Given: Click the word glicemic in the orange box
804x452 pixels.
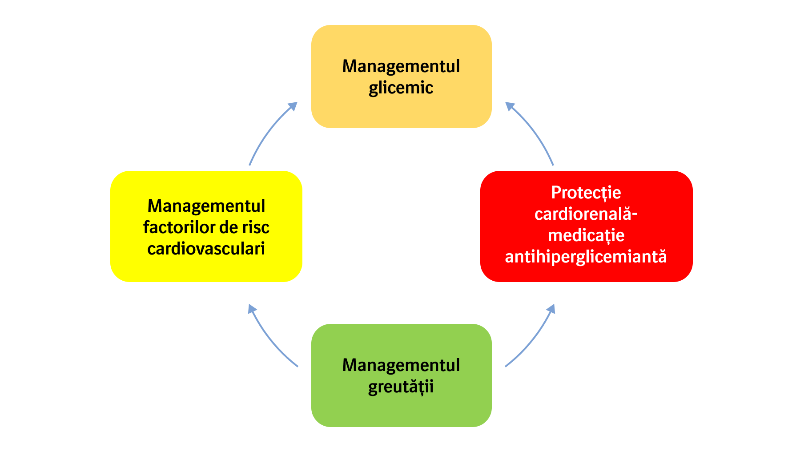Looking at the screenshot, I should tap(401, 88).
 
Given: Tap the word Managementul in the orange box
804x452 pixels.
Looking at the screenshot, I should tap(401, 66).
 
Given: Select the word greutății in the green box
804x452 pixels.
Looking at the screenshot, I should tap(401, 387).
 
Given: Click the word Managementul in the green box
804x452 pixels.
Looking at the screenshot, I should tap(401, 365).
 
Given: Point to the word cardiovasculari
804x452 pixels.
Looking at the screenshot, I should tap(206, 249).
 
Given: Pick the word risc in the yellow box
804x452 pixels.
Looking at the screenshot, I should tap(255, 227).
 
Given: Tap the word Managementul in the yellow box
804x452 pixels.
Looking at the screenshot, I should tap(206, 206).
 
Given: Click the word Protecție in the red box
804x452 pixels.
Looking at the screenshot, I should tap(586, 193).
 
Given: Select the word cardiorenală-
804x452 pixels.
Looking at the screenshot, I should tap(586, 214).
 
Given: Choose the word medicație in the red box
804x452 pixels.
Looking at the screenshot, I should tap(586, 235).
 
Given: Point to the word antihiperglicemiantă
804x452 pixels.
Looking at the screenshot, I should tap(586, 257).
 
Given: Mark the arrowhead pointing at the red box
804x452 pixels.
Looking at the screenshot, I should tap(551, 308).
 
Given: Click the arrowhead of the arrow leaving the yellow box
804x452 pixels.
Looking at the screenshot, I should tap(293, 105).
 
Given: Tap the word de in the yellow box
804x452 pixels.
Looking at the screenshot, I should tap(229, 227).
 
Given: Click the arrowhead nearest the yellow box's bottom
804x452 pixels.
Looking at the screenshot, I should tap(252, 308).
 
